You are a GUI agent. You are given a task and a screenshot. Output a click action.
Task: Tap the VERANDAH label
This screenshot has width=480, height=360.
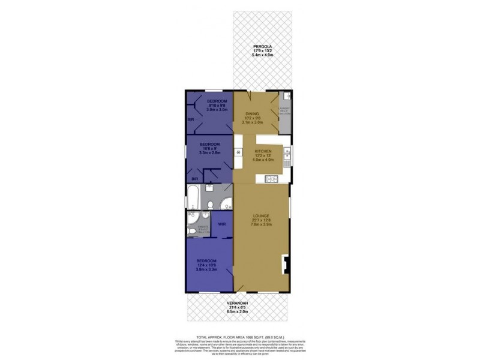pos(239,304)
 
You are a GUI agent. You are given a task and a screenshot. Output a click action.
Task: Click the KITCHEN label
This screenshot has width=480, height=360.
pos(263,151)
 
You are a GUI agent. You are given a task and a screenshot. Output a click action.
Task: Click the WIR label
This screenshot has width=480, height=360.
pos(221,224)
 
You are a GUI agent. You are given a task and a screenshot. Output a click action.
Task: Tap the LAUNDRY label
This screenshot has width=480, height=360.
pos(284,108)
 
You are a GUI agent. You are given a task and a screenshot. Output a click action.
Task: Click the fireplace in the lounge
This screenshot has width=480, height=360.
pos(287,262)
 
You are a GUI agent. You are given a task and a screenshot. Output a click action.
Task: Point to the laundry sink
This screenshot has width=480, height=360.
pos(287,96)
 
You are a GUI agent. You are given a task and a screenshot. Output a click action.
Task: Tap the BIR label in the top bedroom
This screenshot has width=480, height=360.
pos(191,119)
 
